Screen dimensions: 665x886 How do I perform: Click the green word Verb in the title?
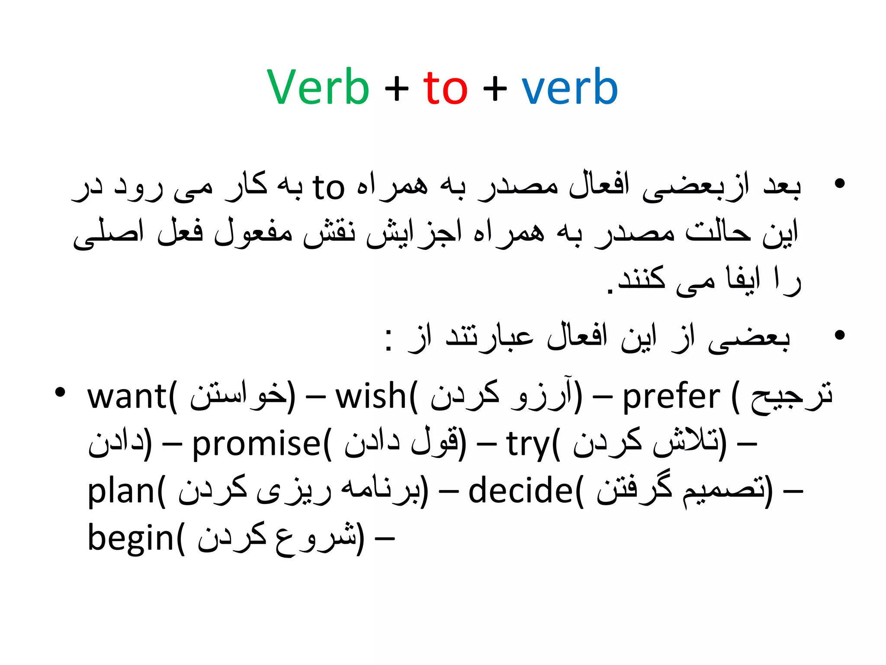[318, 87]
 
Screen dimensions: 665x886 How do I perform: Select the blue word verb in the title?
[569, 87]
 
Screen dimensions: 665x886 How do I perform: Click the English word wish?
[370, 397]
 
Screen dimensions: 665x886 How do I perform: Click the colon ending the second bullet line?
[389, 340]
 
